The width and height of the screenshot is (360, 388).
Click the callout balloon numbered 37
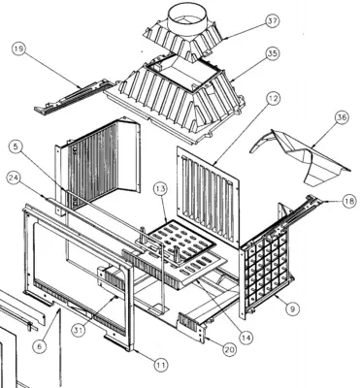[273, 21]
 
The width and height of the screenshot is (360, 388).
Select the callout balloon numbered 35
[273, 53]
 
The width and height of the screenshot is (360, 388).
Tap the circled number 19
[19, 48]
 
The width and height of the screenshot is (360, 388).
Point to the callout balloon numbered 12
[274, 98]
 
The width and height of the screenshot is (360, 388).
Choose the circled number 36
[342, 117]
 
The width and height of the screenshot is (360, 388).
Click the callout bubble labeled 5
[16, 147]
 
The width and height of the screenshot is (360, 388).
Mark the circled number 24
[14, 178]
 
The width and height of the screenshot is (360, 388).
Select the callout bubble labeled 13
[161, 188]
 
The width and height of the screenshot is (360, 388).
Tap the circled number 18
[349, 201]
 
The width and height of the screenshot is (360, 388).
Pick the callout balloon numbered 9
[292, 308]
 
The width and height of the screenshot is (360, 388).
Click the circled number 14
[246, 338]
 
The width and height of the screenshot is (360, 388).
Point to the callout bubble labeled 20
[229, 349]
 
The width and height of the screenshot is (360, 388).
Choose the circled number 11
[161, 366]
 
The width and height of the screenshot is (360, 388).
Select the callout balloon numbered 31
[79, 331]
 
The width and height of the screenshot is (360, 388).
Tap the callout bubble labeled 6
[40, 346]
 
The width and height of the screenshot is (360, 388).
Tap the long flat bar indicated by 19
[74, 96]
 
